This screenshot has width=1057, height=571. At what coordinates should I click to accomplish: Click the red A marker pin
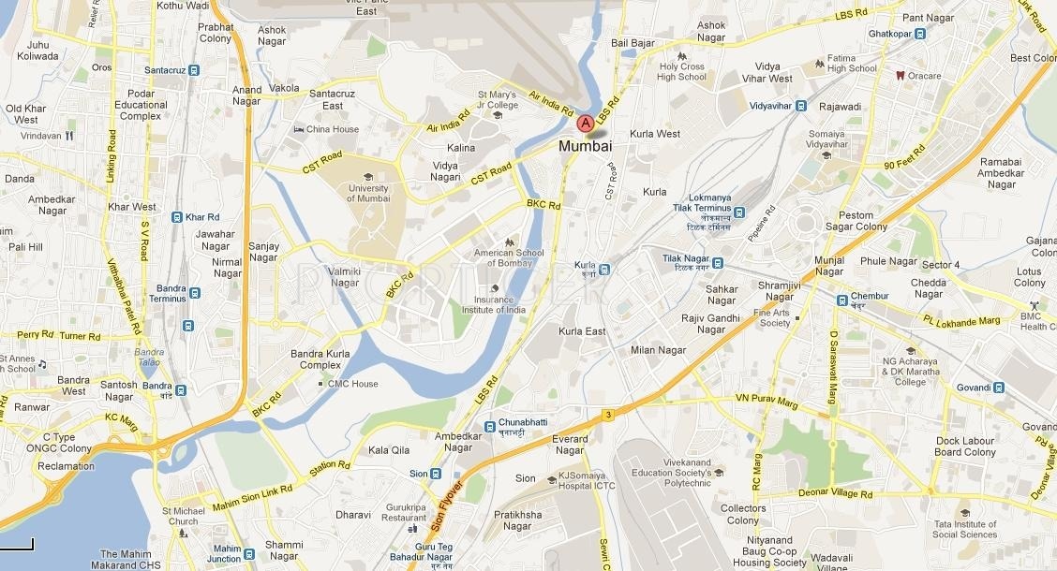click(585, 123)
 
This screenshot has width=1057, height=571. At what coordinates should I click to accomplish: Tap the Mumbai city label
click(585, 146)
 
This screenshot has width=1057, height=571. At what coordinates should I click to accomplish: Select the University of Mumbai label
click(368, 193)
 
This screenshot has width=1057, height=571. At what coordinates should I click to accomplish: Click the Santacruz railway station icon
click(193, 70)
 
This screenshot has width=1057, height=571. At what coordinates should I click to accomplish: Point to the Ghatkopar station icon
click(920, 34)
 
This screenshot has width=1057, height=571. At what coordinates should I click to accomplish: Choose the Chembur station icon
click(842, 300)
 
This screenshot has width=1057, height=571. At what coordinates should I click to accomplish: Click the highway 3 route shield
click(608, 414)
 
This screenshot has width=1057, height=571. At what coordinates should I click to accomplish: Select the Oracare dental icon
click(900, 76)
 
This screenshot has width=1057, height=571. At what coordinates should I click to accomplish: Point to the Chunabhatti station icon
click(489, 427)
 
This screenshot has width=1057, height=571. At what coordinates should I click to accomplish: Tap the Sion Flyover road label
click(447, 505)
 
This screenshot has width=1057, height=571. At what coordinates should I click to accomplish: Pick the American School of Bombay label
click(509, 258)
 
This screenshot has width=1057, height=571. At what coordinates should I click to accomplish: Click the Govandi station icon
click(999, 388)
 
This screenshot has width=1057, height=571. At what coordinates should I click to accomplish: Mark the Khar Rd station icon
click(176, 217)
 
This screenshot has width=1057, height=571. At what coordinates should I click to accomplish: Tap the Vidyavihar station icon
click(801, 106)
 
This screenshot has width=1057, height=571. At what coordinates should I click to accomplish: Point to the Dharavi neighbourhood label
click(353, 515)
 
